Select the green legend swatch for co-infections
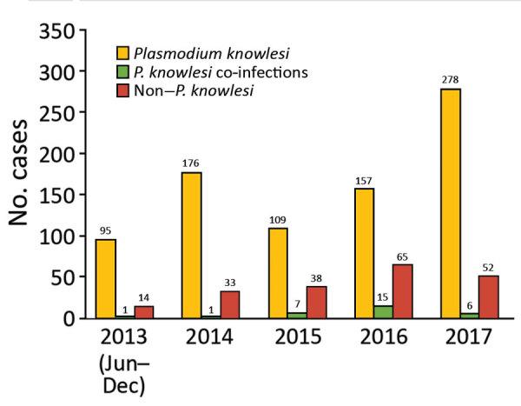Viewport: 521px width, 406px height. point(125,70)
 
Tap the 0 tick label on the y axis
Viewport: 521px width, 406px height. point(69,318)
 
